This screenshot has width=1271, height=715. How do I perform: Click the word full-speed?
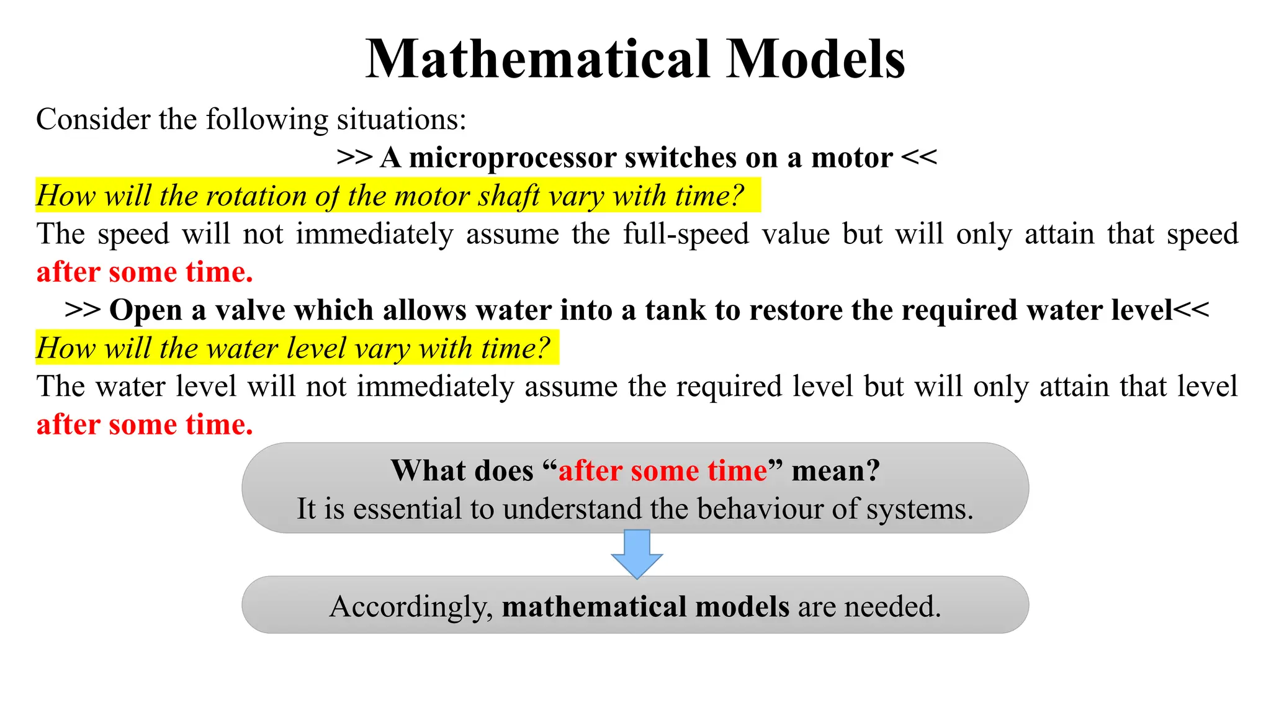coord(686,234)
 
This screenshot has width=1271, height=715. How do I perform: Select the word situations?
coord(401,119)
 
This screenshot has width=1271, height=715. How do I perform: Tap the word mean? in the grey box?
coord(835,470)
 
